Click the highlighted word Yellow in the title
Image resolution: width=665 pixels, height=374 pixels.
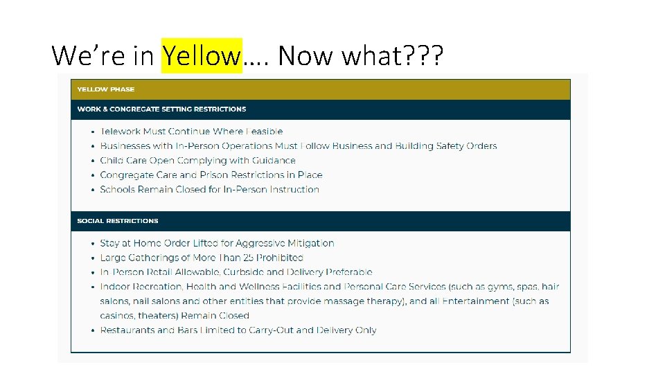(x=201, y=55)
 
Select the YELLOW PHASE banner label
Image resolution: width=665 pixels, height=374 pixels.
(x=106, y=89)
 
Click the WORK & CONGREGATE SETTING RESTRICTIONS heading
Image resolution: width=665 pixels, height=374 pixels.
(x=161, y=109)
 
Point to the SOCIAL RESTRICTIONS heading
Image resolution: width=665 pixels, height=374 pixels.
(x=118, y=221)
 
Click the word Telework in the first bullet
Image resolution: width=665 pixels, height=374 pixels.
(x=121, y=132)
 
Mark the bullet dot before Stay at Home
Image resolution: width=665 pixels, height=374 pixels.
(x=93, y=244)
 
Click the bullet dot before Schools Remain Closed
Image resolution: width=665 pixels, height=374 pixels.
(x=93, y=190)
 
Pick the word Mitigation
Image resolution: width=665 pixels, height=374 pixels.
(x=310, y=243)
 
